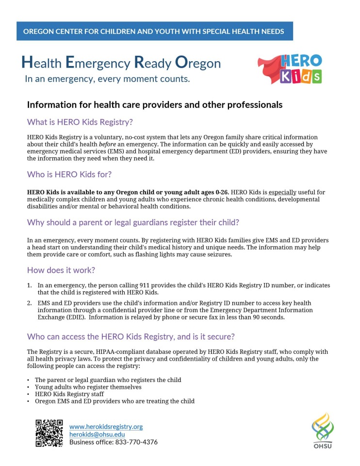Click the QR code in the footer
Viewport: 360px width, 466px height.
point(49,433)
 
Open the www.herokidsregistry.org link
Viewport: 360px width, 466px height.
point(106,427)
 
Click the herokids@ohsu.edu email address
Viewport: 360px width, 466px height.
point(97,434)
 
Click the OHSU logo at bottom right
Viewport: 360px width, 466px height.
point(322,431)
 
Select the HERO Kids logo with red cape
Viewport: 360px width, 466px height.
point(290,68)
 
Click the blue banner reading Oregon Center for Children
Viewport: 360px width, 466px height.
point(154,32)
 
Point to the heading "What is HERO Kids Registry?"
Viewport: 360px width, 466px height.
point(80,121)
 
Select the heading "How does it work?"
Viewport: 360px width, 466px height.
point(61,270)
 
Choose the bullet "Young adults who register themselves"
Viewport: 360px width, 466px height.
point(88,387)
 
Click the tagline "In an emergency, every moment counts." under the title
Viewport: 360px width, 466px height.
point(107,78)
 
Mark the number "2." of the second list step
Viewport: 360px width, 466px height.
point(30,302)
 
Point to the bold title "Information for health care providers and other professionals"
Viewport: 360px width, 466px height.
point(154,104)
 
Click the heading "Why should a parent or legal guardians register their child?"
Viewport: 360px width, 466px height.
point(133,222)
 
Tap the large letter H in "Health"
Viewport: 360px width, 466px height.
point(27,62)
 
